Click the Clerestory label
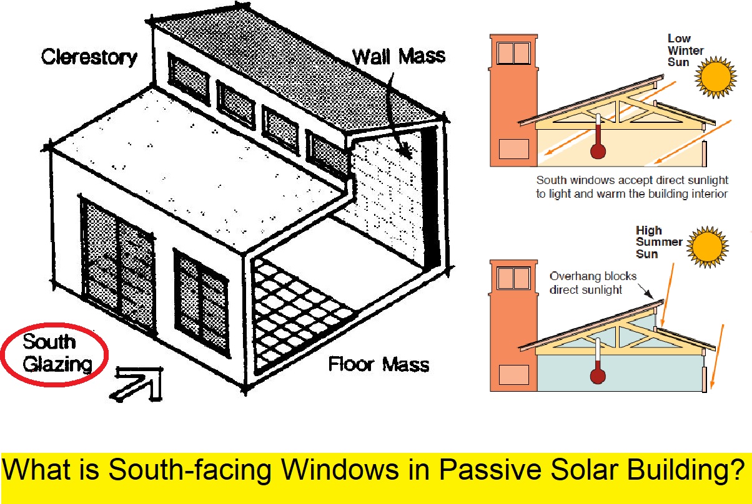[x=89, y=57]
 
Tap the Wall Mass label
[x=398, y=56]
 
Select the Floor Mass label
[x=379, y=364]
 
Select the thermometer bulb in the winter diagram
[x=599, y=151]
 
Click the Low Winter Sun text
[x=685, y=51]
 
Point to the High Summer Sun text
[x=657, y=242]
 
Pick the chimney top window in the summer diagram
[x=513, y=278]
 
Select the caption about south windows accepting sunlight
[x=632, y=187]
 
